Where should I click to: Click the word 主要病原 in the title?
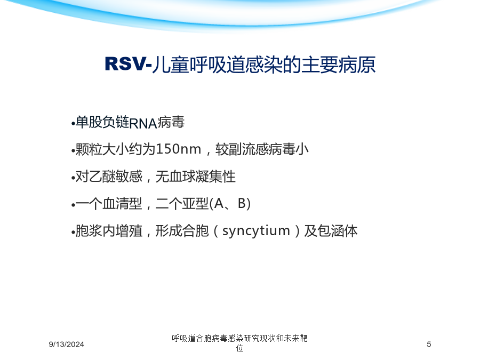[x=338, y=65]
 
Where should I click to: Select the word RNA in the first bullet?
[x=143, y=123]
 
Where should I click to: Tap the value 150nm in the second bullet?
[x=178, y=149]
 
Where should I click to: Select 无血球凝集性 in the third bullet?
[x=196, y=177]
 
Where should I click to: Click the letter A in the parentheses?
[x=219, y=203]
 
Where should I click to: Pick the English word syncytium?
[x=256, y=231]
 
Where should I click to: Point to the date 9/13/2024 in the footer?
[x=67, y=345]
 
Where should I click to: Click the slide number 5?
[x=429, y=345]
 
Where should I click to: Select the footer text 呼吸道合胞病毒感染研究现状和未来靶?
[x=239, y=338]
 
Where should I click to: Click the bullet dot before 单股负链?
[x=73, y=124]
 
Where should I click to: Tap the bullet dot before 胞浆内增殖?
[x=73, y=233]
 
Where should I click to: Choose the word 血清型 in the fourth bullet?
[x=122, y=204]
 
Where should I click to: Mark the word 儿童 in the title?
[x=170, y=65]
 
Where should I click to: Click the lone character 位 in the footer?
[x=239, y=348]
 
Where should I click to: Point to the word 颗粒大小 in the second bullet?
[x=102, y=149]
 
